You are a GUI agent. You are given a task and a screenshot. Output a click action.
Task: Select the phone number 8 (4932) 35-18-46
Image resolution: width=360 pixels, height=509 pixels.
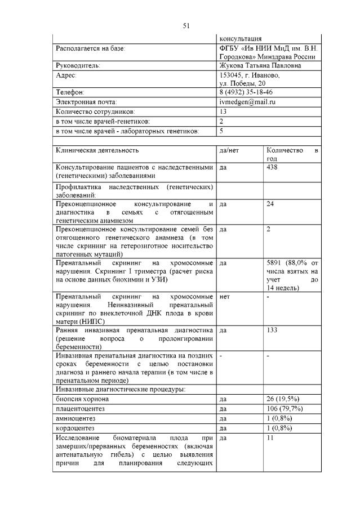coord(246,92)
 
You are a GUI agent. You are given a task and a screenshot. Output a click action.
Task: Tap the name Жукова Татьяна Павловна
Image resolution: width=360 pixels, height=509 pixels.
coord(260,66)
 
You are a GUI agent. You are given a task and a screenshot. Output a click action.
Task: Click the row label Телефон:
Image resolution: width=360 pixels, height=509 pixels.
coord(70,92)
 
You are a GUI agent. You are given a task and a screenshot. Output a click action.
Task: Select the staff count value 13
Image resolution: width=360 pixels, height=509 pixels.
coord(223,111)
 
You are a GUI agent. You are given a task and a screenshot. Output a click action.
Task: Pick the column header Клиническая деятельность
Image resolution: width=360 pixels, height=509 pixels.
coord(96,151)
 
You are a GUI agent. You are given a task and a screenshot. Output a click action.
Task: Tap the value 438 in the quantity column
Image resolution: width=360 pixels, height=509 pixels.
coord(272,167)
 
